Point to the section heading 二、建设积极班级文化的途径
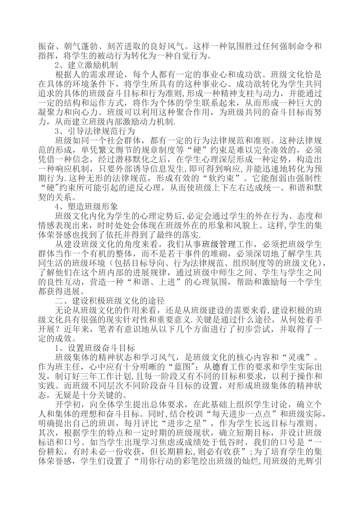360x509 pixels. click(x=110, y=301)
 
